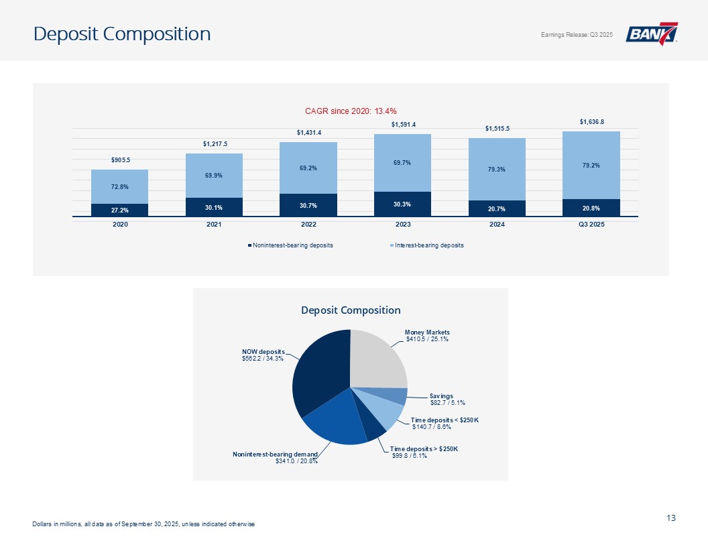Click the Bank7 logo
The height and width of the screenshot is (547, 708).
point(652,34)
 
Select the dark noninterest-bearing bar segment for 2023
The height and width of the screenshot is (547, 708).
point(402,204)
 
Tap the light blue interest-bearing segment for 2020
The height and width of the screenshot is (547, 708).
point(120,186)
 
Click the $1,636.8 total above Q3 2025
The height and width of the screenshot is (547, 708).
point(591,121)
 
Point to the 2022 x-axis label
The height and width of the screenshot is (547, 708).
point(308,224)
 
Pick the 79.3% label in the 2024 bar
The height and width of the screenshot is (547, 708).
point(497,169)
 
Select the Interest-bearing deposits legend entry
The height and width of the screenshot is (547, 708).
point(429,245)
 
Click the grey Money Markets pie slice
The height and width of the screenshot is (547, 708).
point(379,359)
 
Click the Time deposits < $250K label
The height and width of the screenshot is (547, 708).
point(445,420)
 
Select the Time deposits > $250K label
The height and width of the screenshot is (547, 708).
point(424,448)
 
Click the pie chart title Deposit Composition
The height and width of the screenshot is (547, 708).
point(351,310)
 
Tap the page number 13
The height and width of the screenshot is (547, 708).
point(671,518)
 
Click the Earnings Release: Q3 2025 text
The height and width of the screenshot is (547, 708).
point(576,35)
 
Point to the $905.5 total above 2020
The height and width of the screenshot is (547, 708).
point(120,160)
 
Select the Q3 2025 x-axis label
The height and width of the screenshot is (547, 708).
point(591,224)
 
